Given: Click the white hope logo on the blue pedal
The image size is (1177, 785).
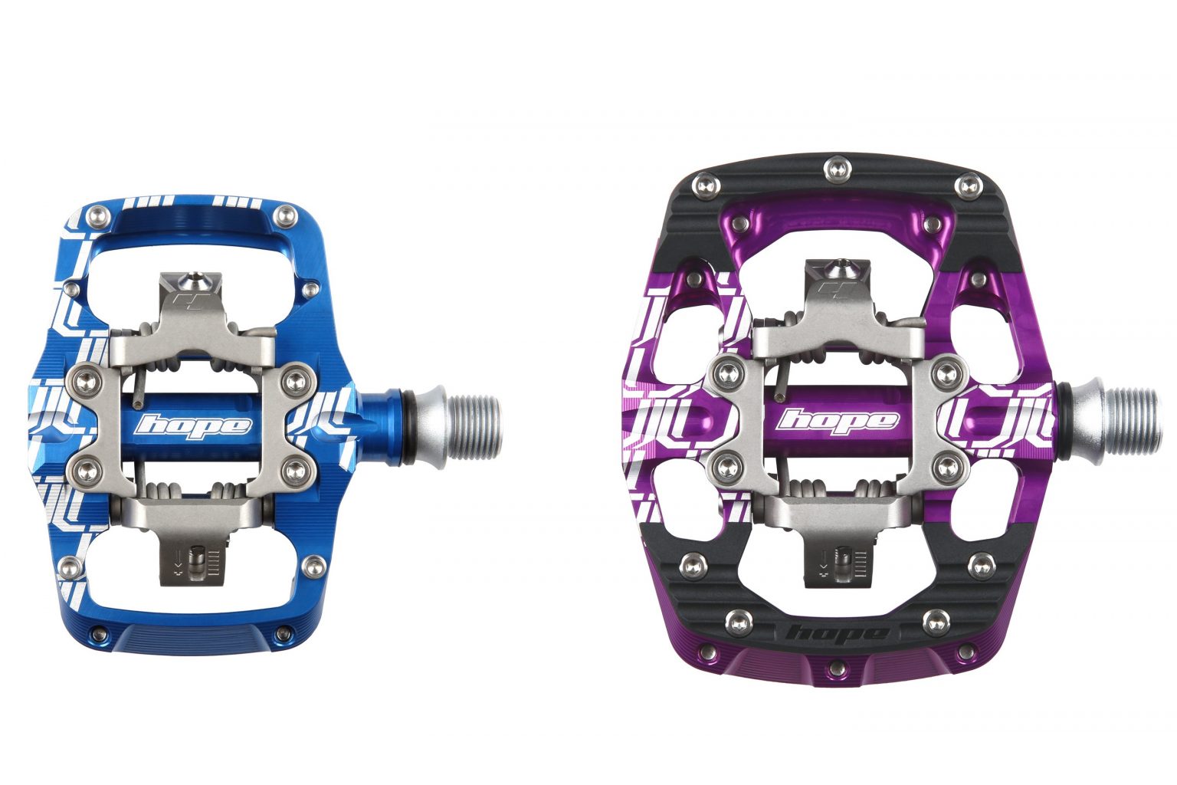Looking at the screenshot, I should pos(192,425).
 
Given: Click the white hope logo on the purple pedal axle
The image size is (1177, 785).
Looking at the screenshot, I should pos(837,420).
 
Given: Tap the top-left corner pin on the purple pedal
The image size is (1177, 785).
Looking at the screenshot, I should pos(703,185).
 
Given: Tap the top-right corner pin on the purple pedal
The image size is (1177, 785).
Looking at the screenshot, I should pos(969,185).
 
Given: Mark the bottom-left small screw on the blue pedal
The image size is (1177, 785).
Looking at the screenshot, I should pos(97,634).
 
